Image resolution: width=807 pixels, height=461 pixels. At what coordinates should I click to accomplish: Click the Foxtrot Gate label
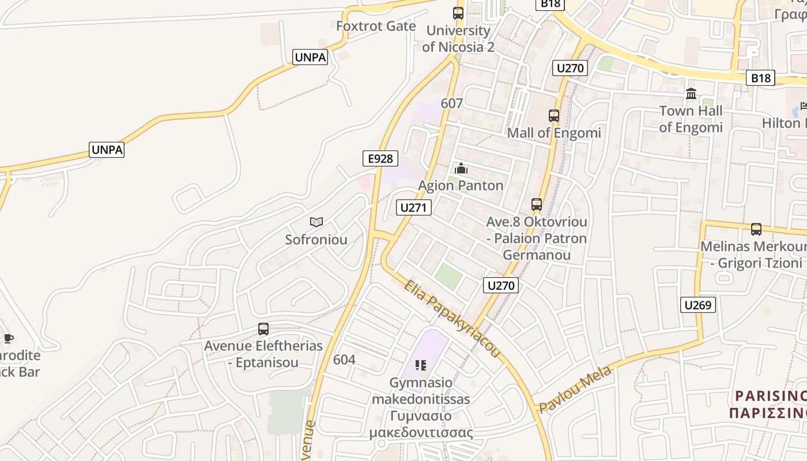pyautogui.click(x=376, y=26)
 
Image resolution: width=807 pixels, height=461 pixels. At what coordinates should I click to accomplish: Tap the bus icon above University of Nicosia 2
pyautogui.click(x=458, y=13)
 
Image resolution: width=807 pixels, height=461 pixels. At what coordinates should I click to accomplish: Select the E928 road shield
pyautogui.click(x=380, y=158)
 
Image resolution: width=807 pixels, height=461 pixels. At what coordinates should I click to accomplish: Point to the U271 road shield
pyautogui.click(x=414, y=207)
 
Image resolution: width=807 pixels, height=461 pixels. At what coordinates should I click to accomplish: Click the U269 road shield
pyautogui.click(x=697, y=305)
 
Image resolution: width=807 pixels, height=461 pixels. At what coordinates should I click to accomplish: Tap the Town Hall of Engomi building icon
pyautogui.click(x=691, y=93)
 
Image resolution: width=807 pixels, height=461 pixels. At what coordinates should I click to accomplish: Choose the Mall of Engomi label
pyautogui.click(x=554, y=133)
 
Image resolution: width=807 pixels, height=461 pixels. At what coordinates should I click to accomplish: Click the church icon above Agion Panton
pyautogui.click(x=461, y=169)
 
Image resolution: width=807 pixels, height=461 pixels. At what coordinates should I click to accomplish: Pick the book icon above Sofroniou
pyautogui.click(x=316, y=222)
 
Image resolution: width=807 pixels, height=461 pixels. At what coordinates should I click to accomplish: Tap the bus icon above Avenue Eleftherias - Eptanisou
pyautogui.click(x=263, y=329)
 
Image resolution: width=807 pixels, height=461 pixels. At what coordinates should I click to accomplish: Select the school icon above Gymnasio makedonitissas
pyautogui.click(x=421, y=365)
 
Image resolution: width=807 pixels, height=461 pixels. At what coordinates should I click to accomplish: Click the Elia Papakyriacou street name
pyautogui.click(x=451, y=318)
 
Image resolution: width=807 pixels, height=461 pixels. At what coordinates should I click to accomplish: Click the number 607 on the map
pyautogui.click(x=452, y=103)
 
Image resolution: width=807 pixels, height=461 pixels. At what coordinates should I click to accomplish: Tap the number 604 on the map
pyautogui.click(x=344, y=360)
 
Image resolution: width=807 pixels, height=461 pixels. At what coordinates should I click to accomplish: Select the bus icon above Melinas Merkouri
pyautogui.click(x=756, y=229)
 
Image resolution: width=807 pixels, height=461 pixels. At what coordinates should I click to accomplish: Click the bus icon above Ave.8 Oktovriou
pyautogui.click(x=537, y=204)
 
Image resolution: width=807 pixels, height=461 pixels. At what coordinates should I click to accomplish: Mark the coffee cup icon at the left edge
pyautogui.click(x=7, y=338)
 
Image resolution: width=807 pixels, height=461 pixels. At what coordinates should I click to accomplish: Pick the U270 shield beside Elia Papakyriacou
pyautogui.click(x=501, y=285)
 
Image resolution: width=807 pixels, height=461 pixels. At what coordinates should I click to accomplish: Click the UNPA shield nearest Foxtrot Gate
pyautogui.click(x=310, y=57)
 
